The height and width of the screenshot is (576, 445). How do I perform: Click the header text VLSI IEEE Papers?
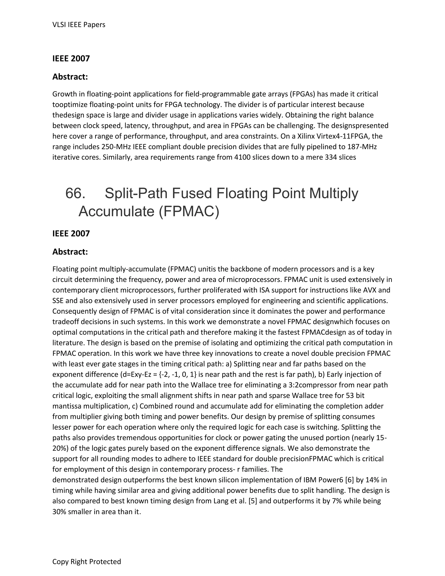tap(79, 25)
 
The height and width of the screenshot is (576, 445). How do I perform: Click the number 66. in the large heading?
tap(75, 193)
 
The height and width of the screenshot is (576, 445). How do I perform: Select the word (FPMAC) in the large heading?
tap(189, 211)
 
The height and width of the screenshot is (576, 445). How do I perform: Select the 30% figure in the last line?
tap(59, 512)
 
